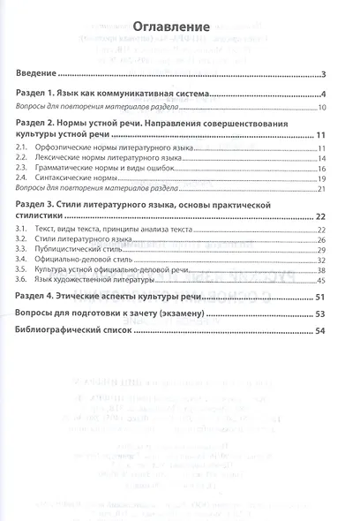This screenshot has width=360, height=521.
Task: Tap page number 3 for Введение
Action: (x=325, y=74)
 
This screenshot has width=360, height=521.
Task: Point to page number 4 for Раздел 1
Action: (x=325, y=94)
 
